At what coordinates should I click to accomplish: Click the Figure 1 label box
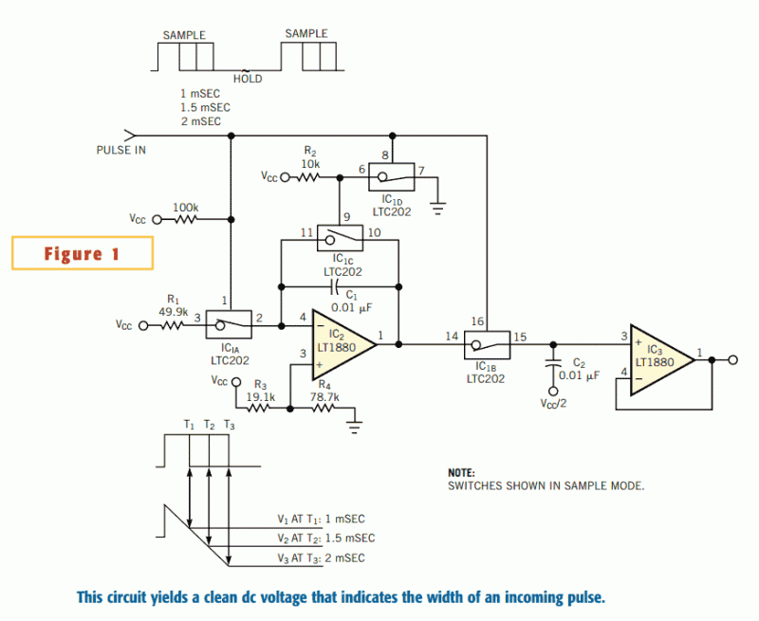[83, 253]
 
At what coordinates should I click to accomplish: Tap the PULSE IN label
[121, 151]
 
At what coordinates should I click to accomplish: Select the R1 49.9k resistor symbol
[172, 325]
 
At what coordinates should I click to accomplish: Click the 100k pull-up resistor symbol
[186, 220]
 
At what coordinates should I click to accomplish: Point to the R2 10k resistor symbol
[307, 177]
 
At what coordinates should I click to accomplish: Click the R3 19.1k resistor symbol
[258, 409]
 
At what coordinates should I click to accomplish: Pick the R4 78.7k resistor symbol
[324, 409]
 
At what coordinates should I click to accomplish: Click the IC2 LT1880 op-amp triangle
[344, 344]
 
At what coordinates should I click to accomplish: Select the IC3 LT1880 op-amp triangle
[662, 360]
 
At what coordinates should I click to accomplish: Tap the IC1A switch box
[229, 324]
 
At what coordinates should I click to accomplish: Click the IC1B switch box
[487, 345]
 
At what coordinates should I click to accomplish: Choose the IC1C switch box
[340, 238]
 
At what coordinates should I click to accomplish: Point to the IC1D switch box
[391, 177]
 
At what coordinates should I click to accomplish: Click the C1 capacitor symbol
[333, 287]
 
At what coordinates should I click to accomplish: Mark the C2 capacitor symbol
[553, 364]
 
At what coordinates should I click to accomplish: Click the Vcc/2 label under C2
[553, 403]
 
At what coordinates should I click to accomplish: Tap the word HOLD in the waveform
[248, 79]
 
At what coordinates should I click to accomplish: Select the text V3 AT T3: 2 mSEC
[321, 558]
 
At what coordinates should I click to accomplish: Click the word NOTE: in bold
[461, 473]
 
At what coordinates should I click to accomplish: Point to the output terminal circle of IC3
[732, 360]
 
